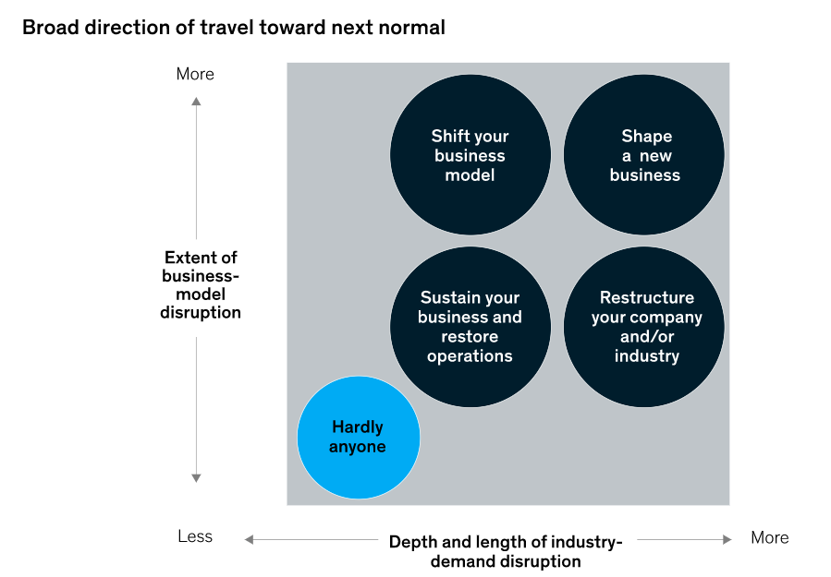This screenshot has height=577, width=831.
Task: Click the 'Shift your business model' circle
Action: tap(470, 155)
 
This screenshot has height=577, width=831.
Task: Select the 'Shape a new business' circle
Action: tap(644, 155)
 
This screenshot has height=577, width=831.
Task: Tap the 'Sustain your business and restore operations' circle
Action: tap(470, 327)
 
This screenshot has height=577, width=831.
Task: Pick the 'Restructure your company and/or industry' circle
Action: tap(644, 327)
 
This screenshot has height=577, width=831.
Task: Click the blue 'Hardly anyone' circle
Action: tap(359, 438)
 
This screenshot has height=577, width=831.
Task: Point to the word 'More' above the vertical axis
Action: tap(195, 74)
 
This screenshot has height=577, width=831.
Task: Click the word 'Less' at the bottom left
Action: tap(195, 536)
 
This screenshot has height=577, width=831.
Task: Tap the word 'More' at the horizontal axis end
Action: tap(769, 537)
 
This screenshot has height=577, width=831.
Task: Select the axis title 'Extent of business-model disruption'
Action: tap(201, 285)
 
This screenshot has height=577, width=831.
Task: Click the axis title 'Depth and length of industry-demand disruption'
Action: tap(506, 551)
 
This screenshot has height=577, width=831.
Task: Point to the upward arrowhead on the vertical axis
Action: tap(196, 101)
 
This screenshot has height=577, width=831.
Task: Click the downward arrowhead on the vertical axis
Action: tap(196, 477)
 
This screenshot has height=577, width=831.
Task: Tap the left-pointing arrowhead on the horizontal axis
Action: tap(249, 539)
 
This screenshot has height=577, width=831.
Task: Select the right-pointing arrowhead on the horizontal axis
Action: tap(728, 539)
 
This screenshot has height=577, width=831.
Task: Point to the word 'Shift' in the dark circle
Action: tap(449, 136)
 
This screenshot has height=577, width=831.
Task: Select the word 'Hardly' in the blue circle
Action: tap(358, 427)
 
